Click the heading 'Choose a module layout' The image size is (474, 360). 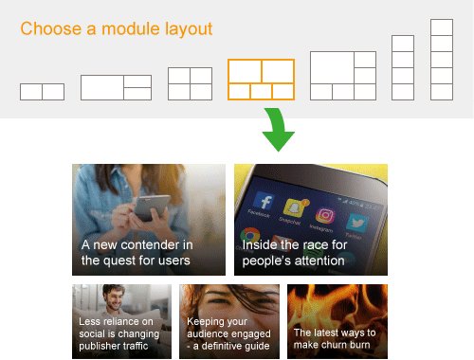117,28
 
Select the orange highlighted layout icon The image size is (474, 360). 261,80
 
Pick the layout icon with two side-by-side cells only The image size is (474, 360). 42,92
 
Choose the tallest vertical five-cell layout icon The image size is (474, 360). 442,59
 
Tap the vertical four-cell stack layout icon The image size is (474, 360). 403,67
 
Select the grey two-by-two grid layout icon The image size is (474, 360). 190,83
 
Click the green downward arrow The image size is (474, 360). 277,132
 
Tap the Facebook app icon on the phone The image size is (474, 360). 264,203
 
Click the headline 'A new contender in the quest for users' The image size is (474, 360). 137,252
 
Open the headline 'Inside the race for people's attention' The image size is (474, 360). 295,252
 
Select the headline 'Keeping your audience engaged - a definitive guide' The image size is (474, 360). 228,333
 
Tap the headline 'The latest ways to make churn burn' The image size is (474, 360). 335,339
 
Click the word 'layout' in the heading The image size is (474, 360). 188,28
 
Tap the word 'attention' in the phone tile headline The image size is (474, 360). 319,260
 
